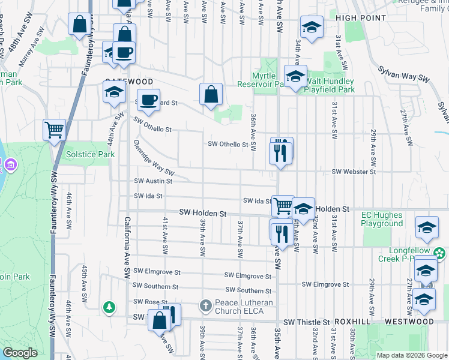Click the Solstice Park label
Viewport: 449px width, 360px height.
tap(90, 154)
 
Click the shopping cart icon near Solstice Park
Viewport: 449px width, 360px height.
tap(54, 129)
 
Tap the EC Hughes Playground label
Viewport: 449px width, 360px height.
tap(382, 219)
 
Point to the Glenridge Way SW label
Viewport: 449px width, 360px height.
tap(154, 160)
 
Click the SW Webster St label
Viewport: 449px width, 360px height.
tap(354, 172)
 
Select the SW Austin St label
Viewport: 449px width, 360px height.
tap(153, 181)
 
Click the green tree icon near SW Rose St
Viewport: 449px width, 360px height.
tap(109, 307)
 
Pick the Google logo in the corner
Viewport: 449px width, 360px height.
tap(20, 353)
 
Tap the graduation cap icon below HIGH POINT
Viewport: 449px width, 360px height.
tap(312, 28)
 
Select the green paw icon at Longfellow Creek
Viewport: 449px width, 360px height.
tap(440, 254)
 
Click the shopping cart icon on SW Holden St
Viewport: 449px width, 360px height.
tap(283, 206)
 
